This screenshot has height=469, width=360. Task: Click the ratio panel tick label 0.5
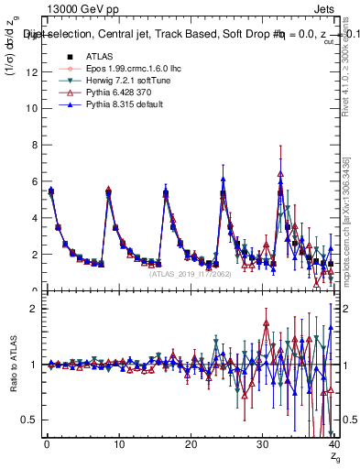tap(28, 420)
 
